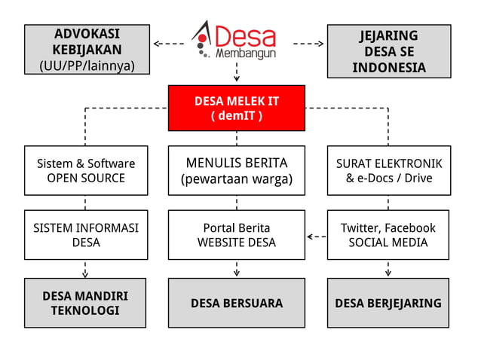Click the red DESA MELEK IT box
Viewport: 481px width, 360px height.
pyautogui.click(x=237, y=108)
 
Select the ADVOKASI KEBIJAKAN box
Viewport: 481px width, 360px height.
pyautogui.click(x=86, y=50)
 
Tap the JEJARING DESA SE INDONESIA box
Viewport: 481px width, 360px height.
pyautogui.click(x=389, y=51)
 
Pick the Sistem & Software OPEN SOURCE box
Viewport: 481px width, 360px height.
pyautogui.click(x=85, y=171)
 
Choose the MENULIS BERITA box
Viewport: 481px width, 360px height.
pyautogui.click(x=237, y=171)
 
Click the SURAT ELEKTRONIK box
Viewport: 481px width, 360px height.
pyautogui.click(x=389, y=171)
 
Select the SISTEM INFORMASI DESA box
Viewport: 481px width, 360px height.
pyautogui.click(x=85, y=235)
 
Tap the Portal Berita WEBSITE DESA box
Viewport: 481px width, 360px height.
pyautogui.click(x=237, y=235)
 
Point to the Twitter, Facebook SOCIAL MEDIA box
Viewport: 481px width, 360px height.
pyautogui.click(x=389, y=235)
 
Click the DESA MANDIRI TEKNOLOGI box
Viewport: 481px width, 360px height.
pyautogui.click(x=85, y=303)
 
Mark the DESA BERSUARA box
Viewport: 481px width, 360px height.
pyautogui.click(x=237, y=303)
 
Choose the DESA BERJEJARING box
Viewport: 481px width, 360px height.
pyautogui.click(x=389, y=303)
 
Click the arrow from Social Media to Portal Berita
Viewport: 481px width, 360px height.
pyautogui.click(x=317, y=236)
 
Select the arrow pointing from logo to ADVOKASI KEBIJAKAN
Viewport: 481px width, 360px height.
pyautogui.click(x=169, y=44)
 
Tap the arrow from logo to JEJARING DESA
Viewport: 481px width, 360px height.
pyautogui.click(x=308, y=44)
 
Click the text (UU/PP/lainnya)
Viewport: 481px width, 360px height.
pyautogui.click(x=86, y=66)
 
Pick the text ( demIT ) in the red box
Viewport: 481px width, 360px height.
pyautogui.click(x=237, y=116)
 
